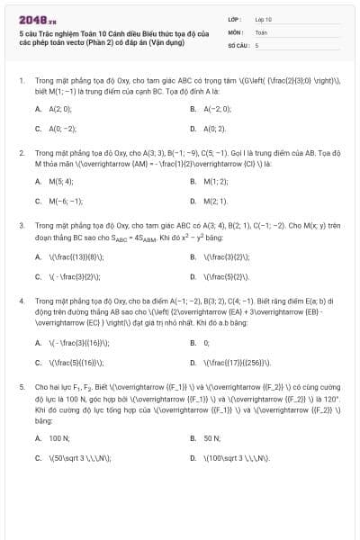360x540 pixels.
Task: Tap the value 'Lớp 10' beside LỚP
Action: pos(263,18)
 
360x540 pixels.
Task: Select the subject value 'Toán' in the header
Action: pos(261,31)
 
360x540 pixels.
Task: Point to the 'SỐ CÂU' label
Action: pos(238,43)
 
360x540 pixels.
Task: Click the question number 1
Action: pos(22,80)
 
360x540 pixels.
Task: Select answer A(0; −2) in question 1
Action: pos(62,129)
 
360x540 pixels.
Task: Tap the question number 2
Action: pos(22,153)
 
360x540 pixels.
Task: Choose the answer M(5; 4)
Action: pos(61,181)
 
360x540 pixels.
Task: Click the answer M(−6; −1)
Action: pos(66,202)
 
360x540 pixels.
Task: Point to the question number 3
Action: pos(22,226)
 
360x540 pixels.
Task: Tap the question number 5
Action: pos(22,386)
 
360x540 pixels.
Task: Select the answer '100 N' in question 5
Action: pos(59,437)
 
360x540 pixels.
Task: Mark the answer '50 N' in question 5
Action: pos(212,437)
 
